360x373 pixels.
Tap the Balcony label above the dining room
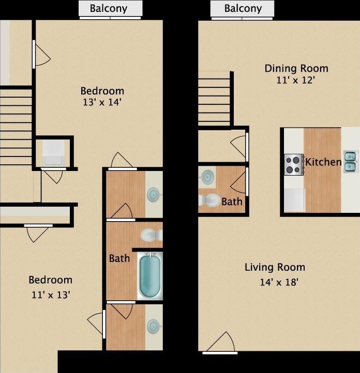(243, 8)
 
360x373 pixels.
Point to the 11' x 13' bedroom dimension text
(50, 295)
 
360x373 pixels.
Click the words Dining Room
(296, 68)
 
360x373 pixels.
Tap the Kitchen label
(323, 162)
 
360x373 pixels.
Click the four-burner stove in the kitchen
(293, 164)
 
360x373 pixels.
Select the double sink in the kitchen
(350, 161)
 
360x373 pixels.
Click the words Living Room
(275, 267)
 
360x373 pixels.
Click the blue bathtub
(149, 275)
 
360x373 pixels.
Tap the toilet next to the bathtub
(151, 236)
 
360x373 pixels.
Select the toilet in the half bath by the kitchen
(209, 199)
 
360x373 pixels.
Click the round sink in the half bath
(207, 177)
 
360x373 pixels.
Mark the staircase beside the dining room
(214, 98)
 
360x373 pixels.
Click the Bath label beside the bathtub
(119, 258)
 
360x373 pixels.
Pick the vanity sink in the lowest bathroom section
(153, 327)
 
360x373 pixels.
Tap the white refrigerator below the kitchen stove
(294, 200)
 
